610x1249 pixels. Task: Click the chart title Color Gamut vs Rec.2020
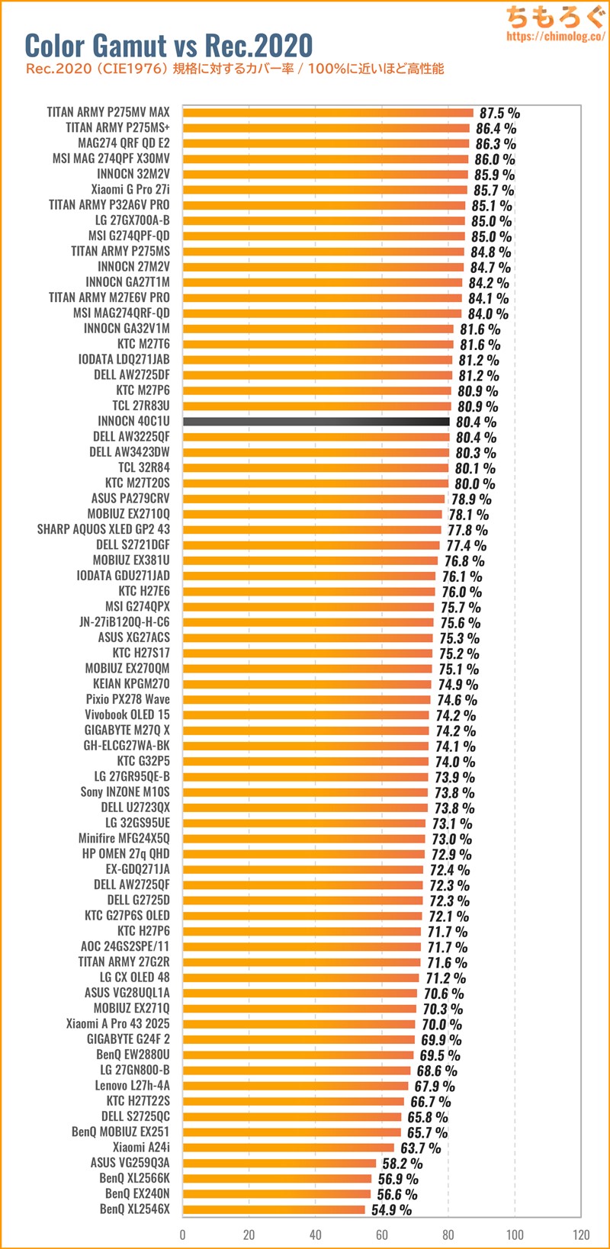(x=169, y=45)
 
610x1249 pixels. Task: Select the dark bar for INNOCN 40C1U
(x=316, y=421)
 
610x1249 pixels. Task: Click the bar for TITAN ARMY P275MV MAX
(x=328, y=112)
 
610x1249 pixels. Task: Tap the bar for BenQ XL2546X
(x=274, y=1209)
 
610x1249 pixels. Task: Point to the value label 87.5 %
(x=500, y=113)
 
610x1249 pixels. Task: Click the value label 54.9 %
(x=391, y=1210)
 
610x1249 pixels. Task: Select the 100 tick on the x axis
(x=515, y=1235)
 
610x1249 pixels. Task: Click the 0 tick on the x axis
(x=183, y=1235)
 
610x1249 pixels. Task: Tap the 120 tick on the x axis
(x=581, y=1235)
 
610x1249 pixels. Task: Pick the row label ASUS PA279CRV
(x=130, y=499)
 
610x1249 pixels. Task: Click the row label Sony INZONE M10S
(x=125, y=791)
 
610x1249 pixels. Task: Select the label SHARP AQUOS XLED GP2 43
(x=104, y=529)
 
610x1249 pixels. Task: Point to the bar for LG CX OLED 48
(x=300, y=978)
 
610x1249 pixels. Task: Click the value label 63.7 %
(x=421, y=1148)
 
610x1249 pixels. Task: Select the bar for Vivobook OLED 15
(x=306, y=714)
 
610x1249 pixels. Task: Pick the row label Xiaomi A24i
(x=141, y=1147)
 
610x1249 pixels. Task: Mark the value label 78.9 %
(x=471, y=499)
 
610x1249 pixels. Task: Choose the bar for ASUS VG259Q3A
(x=279, y=1163)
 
